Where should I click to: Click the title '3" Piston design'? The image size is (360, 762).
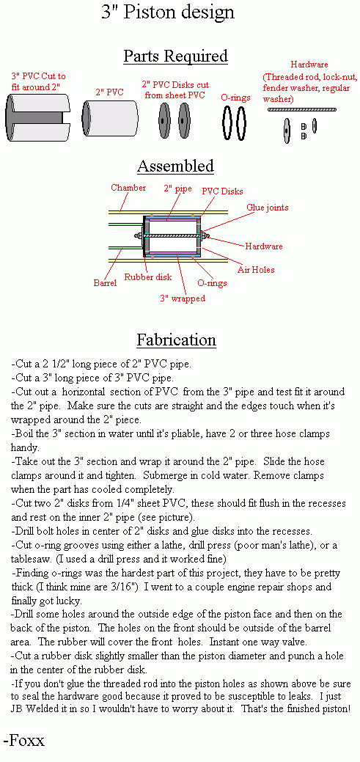(168, 12)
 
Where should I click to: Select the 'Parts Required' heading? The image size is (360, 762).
(175, 56)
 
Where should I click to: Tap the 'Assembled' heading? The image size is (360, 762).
(175, 166)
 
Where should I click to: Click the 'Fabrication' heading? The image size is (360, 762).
(177, 340)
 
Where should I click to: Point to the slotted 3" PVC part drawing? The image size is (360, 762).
(37, 118)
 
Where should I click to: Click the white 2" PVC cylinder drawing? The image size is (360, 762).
(110, 118)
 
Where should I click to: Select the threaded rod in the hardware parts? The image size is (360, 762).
(302, 110)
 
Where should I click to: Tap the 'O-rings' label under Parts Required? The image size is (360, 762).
(235, 98)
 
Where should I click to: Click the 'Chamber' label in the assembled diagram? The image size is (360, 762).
(128, 188)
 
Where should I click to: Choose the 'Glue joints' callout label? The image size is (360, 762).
(267, 208)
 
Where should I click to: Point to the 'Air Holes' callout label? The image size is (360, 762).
(256, 270)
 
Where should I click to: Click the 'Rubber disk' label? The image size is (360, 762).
(147, 277)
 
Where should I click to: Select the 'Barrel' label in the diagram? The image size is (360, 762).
(105, 283)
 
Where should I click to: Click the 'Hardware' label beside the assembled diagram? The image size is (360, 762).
(264, 246)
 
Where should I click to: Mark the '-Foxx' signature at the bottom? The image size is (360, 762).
(23, 740)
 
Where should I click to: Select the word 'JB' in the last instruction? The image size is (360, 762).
(17, 708)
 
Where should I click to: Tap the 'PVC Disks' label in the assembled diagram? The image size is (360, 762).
(222, 191)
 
